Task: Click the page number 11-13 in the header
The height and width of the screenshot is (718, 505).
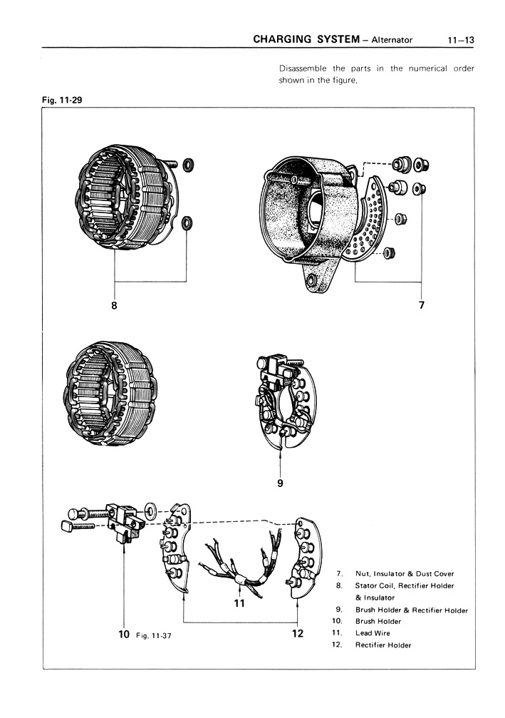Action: click(461, 40)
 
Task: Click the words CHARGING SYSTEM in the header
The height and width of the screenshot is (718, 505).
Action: click(304, 40)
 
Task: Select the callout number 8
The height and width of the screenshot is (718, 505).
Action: click(113, 306)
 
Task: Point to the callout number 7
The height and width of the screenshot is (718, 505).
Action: click(421, 306)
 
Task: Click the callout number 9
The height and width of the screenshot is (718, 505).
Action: click(281, 483)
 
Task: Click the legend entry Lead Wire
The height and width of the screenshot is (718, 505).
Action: click(373, 633)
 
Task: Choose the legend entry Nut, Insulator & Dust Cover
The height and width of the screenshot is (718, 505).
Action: click(405, 573)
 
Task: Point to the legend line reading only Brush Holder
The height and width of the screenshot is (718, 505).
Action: click(378, 622)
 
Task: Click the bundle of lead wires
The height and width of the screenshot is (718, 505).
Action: click(239, 563)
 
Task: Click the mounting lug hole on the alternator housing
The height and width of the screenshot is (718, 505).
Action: click(310, 283)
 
